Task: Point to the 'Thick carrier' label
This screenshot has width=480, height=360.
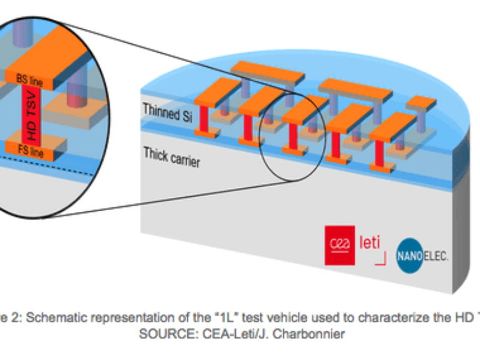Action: tap(172, 157)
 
